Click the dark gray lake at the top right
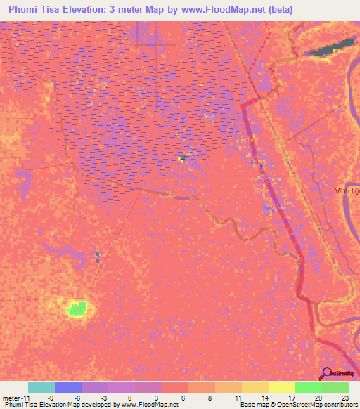coord(330,48)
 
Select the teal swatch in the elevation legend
coord(41,387)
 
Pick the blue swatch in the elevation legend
coord(68,387)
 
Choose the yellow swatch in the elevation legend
coord(281,387)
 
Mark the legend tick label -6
coord(77,397)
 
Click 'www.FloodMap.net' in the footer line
coord(148,405)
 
